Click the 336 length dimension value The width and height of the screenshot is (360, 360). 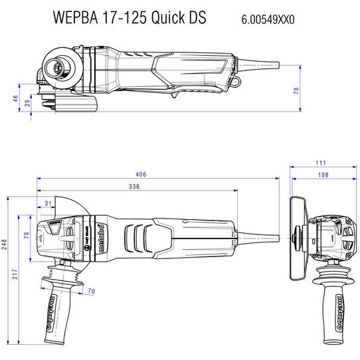tap(134, 188)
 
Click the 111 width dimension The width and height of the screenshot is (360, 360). tap(321, 163)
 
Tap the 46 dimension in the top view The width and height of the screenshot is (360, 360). tap(16, 98)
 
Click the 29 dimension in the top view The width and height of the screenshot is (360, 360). tap(27, 104)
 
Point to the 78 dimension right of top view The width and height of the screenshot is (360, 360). tap(296, 90)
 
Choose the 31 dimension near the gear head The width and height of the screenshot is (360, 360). tap(48, 203)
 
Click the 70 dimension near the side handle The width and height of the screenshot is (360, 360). tap(91, 291)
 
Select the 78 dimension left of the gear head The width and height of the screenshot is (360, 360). tap(27, 236)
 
